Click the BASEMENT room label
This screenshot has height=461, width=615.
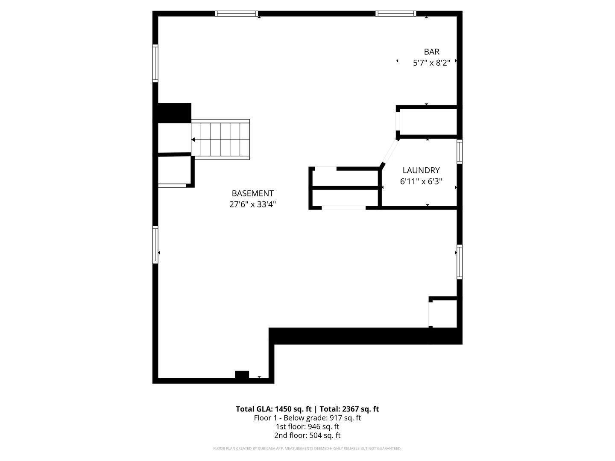pyautogui.click(x=252, y=193)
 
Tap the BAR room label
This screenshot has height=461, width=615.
pyautogui.click(x=431, y=52)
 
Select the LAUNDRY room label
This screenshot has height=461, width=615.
pyautogui.click(x=421, y=170)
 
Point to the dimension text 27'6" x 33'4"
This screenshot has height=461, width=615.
pyautogui.click(x=252, y=204)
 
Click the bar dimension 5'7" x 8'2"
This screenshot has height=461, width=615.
pyautogui.click(x=431, y=63)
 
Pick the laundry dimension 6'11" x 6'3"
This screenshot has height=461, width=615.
pyautogui.click(x=421, y=181)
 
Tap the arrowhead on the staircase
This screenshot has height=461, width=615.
pyautogui.click(x=193, y=140)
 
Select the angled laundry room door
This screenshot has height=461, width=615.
pyautogui.click(x=390, y=151)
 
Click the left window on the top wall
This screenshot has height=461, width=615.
pyautogui.click(x=236, y=14)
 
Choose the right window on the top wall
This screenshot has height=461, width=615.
pyautogui.click(x=395, y=14)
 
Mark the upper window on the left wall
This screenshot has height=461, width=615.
pyautogui.click(x=155, y=63)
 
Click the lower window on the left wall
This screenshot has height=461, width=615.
pyautogui.click(x=155, y=245)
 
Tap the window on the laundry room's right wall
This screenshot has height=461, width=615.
pyautogui.click(x=460, y=152)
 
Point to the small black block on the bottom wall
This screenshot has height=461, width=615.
pyautogui.click(x=242, y=375)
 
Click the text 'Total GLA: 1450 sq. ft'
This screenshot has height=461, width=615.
pyautogui.click(x=273, y=409)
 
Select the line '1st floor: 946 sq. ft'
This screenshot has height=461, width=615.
pyautogui.click(x=307, y=426)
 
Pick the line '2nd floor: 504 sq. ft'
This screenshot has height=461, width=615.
pyautogui.click(x=307, y=435)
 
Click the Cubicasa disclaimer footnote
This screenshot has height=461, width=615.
pyautogui.click(x=307, y=449)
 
